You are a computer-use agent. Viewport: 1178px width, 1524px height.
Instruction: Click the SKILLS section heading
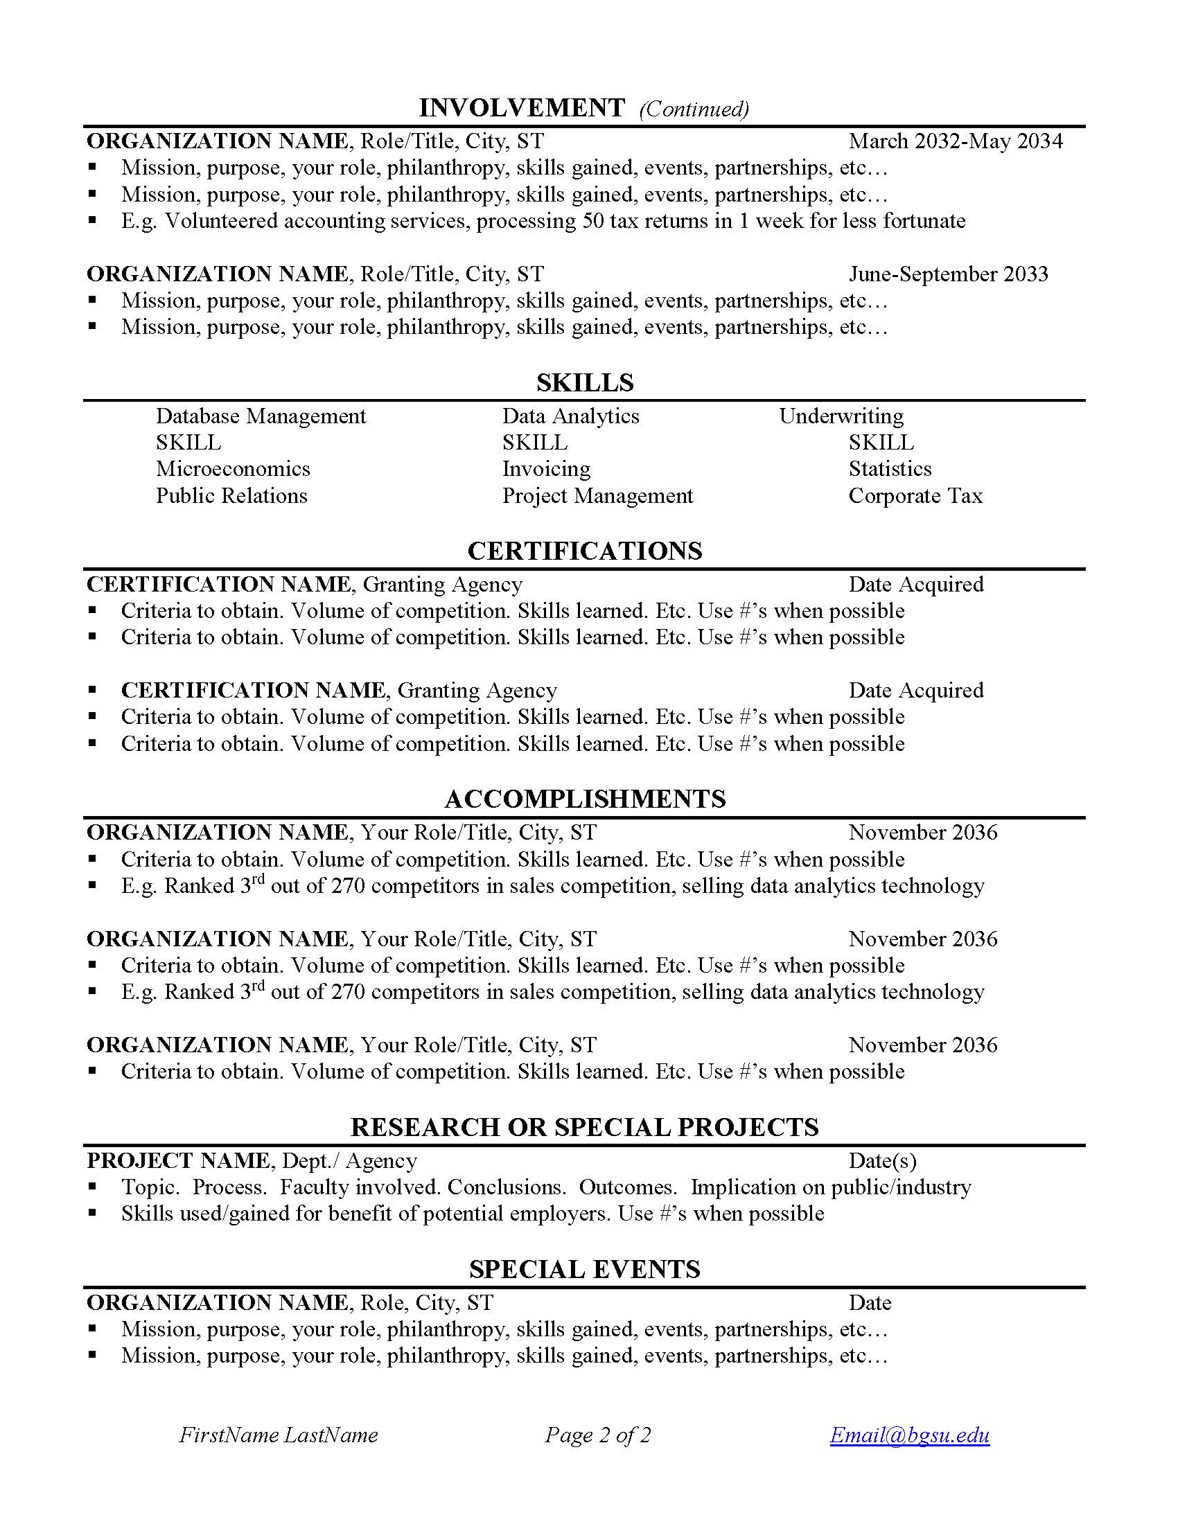(585, 382)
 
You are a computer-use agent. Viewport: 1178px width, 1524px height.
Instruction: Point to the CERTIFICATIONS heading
(585, 551)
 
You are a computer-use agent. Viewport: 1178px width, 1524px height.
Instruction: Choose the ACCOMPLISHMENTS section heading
(585, 798)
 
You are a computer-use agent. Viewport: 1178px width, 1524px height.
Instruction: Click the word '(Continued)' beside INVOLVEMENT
(694, 109)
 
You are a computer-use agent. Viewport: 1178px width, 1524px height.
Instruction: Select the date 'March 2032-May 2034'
(956, 141)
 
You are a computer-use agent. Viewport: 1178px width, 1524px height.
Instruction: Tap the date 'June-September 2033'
(949, 274)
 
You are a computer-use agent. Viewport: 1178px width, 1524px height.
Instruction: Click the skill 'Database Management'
(261, 416)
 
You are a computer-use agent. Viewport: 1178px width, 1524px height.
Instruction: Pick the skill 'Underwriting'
(841, 416)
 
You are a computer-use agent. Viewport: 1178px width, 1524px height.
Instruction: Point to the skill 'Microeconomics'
(233, 469)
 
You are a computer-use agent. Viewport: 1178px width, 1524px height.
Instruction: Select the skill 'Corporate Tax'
(915, 496)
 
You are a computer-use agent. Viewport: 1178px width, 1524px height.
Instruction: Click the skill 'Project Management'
(597, 496)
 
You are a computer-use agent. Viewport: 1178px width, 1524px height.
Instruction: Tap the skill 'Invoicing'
(547, 469)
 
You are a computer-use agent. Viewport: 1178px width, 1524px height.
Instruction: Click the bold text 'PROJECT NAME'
(178, 1160)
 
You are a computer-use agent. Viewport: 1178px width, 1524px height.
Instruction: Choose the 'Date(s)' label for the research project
(882, 1160)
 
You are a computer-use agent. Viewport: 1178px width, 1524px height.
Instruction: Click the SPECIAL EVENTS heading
(585, 1269)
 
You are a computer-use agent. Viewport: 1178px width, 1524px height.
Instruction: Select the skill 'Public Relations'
(231, 496)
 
